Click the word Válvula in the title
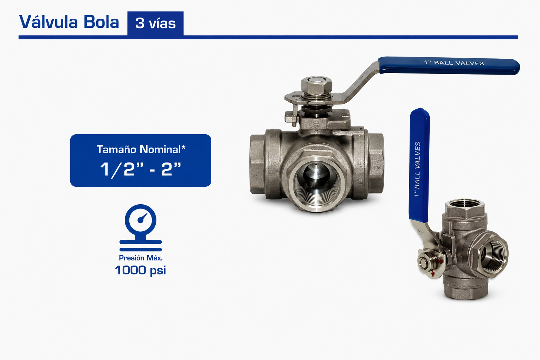pyautogui.click(x=49, y=22)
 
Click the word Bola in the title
pyautogui.click(x=101, y=22)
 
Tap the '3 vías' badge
pyautogui.click(x=155, y=24)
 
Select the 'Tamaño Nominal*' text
pyautogui.click(x=141, y=149)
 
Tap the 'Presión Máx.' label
pyautogui.click(x=141, y=258)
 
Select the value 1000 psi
pyautogui.click(x=140, y=270)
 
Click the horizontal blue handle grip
pyautogui.click(x=449, y=66)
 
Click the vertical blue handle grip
pyautogui.click(x=419, y=165)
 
